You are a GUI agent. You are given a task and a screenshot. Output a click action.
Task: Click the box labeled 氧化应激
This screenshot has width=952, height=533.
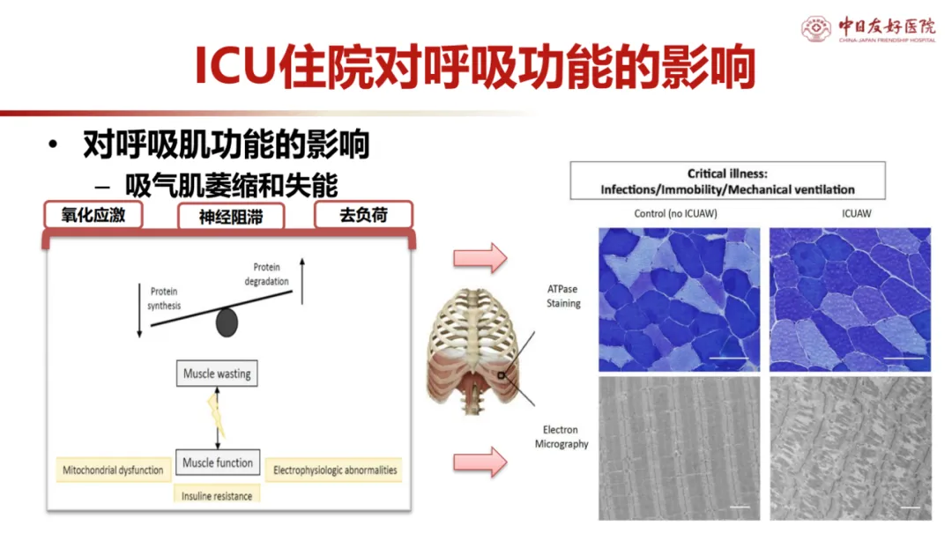click(x=93, y=215)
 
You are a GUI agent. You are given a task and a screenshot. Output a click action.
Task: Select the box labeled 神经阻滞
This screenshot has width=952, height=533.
click(x=230, y=217)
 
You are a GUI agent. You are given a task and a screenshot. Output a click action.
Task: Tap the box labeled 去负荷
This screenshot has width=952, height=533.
click(x=363, y=215)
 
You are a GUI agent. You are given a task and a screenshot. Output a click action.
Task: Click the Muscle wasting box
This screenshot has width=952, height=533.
click(x=217, y=374)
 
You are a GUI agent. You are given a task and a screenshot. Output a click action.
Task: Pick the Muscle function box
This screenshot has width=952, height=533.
click(x=218, y=463)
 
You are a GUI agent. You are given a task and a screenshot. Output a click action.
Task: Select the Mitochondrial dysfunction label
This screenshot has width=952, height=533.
click(x=113, y=470)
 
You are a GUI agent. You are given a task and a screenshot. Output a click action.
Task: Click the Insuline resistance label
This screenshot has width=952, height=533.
click(x=217, y=496)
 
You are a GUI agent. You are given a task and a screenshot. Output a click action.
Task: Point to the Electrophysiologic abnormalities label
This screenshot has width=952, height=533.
click(x=335, y=470)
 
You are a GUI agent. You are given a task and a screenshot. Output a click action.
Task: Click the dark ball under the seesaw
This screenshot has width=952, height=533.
click(x=227, y=323)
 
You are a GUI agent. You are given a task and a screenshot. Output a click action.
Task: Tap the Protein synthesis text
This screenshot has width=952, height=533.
click(x=164, y=299)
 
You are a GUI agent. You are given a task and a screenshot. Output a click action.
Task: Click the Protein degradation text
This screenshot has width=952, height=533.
click(x=265, y=274)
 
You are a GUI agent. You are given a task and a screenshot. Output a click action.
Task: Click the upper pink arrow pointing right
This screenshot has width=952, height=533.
click(x=480, y=259)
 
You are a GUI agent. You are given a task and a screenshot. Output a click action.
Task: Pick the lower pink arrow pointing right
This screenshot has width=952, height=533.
click(x=480, y=461)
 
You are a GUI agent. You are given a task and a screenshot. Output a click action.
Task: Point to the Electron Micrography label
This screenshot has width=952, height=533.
click(x=562, y=437)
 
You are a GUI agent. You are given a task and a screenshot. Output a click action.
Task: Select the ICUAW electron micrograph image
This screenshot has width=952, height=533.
click(x=850, y=448)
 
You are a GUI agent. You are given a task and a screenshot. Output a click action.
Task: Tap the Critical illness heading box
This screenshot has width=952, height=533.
click(x=727, y=181)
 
